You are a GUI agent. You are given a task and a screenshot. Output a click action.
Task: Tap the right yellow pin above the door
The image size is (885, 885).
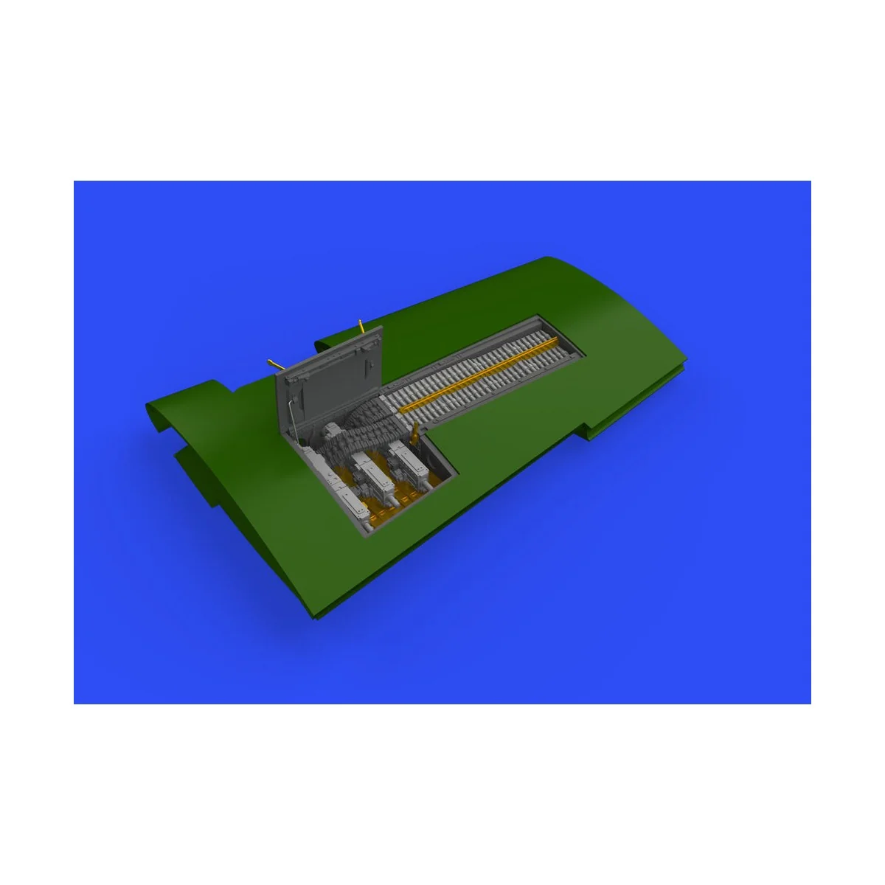[361, 325]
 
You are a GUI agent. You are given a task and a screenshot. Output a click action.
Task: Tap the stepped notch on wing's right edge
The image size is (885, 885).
[590, 431]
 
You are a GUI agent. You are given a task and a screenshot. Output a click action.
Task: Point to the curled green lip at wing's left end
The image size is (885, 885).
[159, 420]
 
